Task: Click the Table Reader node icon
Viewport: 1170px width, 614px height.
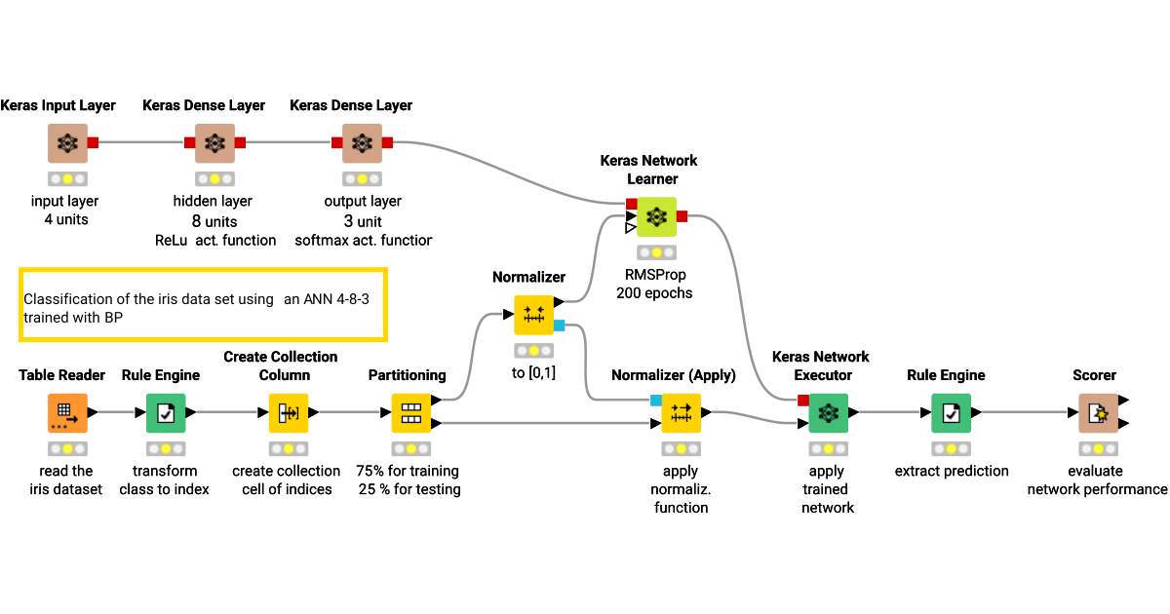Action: click(67, 413)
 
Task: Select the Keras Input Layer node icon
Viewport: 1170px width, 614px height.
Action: click(67, 143)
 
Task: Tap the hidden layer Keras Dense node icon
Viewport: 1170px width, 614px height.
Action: click(214, 143)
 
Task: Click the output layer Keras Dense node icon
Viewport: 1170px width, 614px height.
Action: click(362, 143)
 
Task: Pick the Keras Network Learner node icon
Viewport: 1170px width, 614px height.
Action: click(656, 216)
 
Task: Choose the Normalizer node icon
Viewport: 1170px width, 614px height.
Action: click(533, 316)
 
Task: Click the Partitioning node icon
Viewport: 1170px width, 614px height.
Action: click(410, 413)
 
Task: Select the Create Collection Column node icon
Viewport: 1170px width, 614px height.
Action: click(289, 413)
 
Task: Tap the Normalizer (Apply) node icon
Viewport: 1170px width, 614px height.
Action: click(681, 413)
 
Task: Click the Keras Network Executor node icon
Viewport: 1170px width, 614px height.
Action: click(828, 413)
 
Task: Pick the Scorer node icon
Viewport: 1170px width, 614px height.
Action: click(1097, 413)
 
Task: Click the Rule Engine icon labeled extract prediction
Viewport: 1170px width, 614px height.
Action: click(951, 413)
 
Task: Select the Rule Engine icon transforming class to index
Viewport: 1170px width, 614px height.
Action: click(166, 413)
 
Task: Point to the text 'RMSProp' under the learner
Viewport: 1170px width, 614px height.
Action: click(656, 275)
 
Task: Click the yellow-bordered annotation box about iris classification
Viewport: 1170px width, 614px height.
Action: click(203, 304)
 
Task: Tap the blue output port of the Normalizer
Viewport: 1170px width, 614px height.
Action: click(559, 325)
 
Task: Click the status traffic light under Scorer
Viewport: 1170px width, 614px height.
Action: click(1097, 449)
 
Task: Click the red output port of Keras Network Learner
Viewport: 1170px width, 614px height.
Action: click(682, 216)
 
